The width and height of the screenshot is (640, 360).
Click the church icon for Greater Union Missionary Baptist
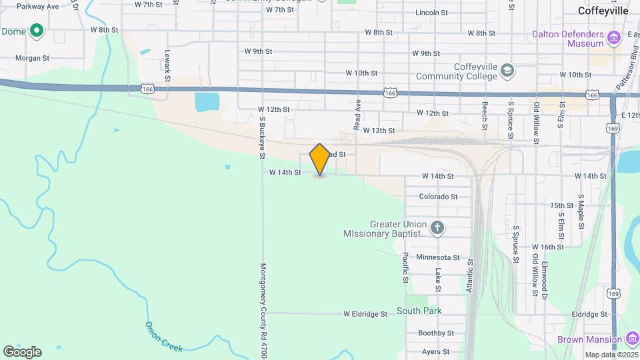tap(437, 229)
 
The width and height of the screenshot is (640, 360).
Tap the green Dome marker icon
tap(37, 31)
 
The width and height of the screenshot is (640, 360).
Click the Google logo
tap(22, 352)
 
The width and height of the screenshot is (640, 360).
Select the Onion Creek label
tap(163, 336)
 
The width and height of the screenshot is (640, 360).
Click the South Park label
tap(419, 311)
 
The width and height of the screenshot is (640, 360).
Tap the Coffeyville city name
tap(603, 11)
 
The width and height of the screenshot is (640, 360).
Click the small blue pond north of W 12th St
tap(206, 102)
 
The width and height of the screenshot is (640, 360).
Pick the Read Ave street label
tap(357, 115)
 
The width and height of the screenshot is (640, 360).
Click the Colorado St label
tap(438, 197)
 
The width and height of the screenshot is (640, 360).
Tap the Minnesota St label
tap(437, 257)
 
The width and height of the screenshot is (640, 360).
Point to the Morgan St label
tap(33, 58)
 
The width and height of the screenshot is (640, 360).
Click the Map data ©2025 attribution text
tap(610, 355)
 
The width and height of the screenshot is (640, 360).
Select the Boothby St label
tap(436, 333)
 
